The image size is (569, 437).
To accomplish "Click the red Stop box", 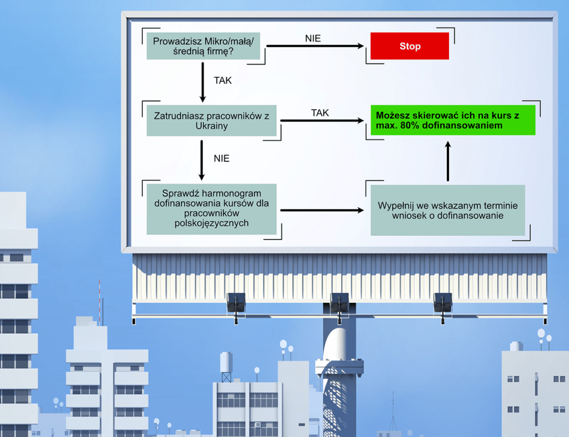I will [x=410, y=46].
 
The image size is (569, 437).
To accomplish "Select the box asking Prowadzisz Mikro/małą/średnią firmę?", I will [x=203, y=46].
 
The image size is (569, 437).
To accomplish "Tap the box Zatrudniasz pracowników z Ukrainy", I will [x=212, y=121].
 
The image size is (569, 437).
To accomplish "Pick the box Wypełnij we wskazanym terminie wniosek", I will [x=447, y=210].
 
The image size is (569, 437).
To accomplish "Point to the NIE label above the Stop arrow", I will [x=313, y=38].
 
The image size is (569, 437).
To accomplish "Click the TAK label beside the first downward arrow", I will [x=223, y=80].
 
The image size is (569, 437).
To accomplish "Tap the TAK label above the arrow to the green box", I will [x=320, y=113].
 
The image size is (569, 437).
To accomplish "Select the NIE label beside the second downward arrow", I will [x=222, y=159].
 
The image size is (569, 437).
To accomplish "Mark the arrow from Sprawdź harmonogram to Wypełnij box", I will [x=322, y=210].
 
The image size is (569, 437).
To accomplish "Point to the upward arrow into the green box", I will [x=448, y=161].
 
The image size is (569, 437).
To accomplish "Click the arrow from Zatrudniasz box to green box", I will [x=322, y=121].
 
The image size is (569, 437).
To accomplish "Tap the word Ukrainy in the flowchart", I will [x=212, y=126].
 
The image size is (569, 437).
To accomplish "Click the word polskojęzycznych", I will [x=212, y=223].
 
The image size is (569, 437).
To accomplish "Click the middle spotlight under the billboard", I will [x=339, y=304].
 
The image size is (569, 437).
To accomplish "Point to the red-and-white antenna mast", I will [x=100, y=301].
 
